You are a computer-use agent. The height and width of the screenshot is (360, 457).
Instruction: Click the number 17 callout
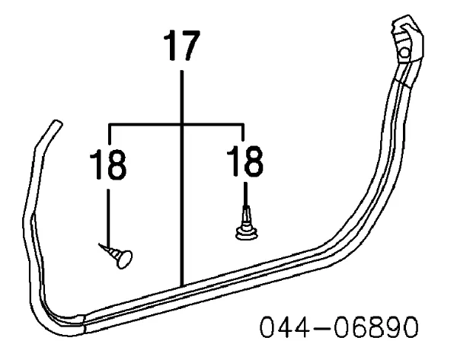(x=182, y=46)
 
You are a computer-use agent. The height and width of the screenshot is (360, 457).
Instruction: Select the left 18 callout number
(x=108, y=164)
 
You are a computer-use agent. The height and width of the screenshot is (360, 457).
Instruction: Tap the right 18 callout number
(x=244, y=161)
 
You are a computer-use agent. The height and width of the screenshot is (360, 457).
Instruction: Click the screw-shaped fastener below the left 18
(x=116, y=255)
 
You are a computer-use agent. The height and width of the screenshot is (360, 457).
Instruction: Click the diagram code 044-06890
(x=339, y=327)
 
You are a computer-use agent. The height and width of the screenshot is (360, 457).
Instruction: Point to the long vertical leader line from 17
(x=182, y=178)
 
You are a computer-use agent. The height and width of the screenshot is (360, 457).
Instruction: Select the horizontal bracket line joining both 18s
(x=176, y=125)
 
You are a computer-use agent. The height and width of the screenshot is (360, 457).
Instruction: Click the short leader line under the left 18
(x=108, y=218)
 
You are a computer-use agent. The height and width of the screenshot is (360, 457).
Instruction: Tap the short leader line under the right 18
(x=246, y=195)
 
